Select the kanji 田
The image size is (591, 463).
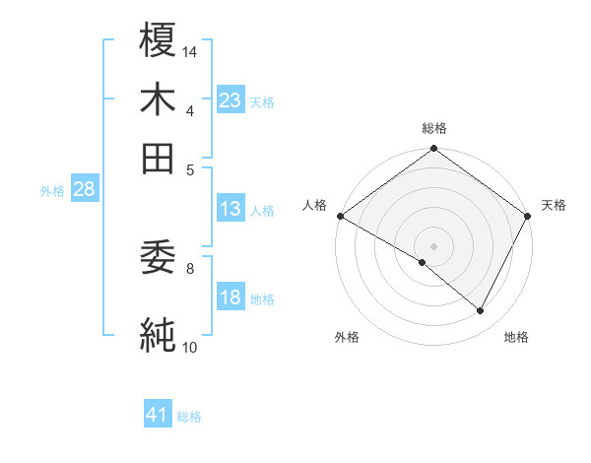tap(159, 158)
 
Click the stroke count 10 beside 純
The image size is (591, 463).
tap(190, 346)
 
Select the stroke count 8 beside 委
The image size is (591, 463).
tap(190, 267)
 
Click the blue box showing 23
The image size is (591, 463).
tap(230, 100)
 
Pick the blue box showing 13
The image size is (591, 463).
tap(230, 209)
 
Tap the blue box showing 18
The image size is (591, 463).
tap(230, 298)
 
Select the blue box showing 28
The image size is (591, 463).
tap(84, 190)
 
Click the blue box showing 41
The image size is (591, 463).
tap(158, 416)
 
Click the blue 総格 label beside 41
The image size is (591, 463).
tap(189, 417)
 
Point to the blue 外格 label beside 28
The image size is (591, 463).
tap(52, 191)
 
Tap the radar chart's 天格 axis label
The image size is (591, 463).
tap(554, 205)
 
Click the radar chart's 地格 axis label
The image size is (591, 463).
tap(516, 337)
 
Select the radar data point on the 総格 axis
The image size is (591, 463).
tap(433, 150)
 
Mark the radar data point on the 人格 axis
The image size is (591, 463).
tap(340, 216)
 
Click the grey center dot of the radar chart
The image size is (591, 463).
tap(433, 245)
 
